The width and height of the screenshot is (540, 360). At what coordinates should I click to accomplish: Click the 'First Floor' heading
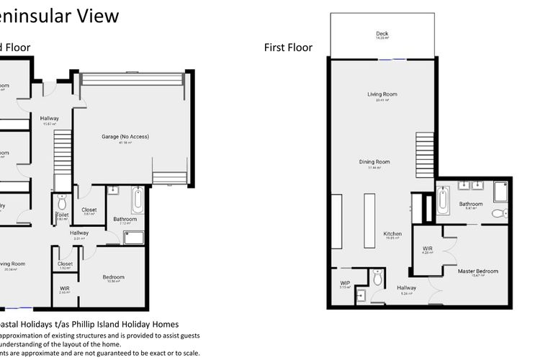[288, 48]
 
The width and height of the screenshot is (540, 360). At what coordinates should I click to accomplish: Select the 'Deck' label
[382, 34]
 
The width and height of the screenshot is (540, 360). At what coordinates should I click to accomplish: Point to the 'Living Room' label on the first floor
[382, 94]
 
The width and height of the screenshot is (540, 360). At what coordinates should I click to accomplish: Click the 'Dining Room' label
[374, 162]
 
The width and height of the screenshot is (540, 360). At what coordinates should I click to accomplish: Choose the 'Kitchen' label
[392, 234]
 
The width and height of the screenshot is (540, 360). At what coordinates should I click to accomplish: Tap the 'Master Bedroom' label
[477, 271]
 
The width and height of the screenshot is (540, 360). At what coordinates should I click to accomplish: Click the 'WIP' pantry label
[344, 283]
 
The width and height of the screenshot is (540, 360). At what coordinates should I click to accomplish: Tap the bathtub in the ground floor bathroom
[138, 199]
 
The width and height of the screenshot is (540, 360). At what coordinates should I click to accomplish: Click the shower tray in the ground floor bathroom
[134, 238]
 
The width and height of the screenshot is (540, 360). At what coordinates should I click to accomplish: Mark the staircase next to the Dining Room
[426, 155]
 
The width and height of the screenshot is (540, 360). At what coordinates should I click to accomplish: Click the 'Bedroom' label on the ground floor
[113, 277]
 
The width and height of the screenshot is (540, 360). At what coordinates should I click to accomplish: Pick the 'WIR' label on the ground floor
[65, 289]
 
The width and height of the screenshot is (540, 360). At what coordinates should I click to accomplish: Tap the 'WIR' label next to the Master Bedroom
[427, 248]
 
